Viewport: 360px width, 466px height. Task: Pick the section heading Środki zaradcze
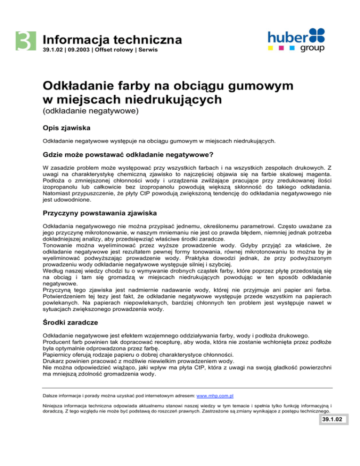click(x=73, y=323)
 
